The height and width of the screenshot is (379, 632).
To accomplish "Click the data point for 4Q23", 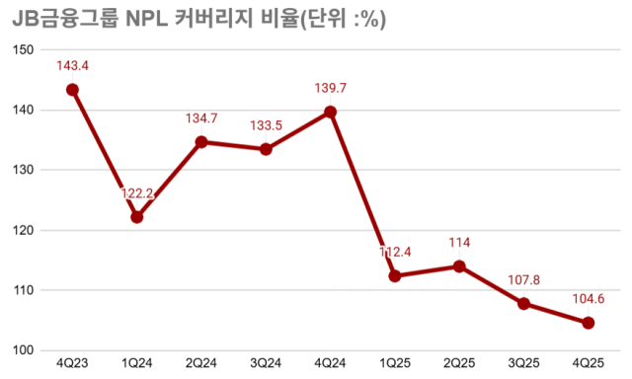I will coord(72,90).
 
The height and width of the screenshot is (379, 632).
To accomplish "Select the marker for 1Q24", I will coord(136,217).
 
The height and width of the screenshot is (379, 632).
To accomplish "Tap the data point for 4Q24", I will coord(330,112).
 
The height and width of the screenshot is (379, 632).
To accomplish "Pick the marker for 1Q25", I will coord(394,276).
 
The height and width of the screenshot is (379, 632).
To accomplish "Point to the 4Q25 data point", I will coord(588,323).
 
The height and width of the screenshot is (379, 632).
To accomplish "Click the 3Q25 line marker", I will coord(523,303).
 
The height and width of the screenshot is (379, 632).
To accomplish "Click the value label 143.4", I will coord(72,65).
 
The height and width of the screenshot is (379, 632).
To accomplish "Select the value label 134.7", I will coord(201,118).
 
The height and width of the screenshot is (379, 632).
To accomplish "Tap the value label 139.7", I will coord(330,89).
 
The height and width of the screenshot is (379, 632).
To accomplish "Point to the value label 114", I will coord(459,243).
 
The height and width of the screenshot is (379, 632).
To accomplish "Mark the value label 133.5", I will coord(266,125).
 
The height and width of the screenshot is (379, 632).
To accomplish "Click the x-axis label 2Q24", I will coord(201,365).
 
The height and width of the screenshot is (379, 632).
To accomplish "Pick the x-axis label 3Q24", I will coord(266,365).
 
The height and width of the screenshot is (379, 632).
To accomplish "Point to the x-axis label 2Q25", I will coord(459,365).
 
